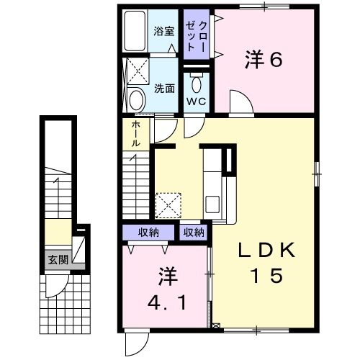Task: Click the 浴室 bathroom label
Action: (x=164, y=31)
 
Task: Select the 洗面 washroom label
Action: (x=164, y=89)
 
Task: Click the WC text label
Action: (x=197, y=101)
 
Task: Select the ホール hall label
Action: (x=136, y=134)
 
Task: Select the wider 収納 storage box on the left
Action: (x=149, y=233)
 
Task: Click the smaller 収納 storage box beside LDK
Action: (x=193, y=233)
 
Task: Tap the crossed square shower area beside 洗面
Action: (x=136, y=72)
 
